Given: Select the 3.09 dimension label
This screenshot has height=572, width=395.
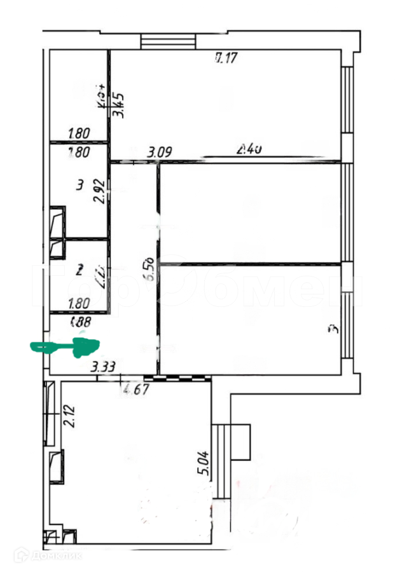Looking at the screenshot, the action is click(160, 153).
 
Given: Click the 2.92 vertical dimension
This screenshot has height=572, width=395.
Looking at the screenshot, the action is click(99, 189).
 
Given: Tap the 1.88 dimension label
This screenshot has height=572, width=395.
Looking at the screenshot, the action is click(83, 322).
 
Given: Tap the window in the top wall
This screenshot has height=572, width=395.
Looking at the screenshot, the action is click(167, 41).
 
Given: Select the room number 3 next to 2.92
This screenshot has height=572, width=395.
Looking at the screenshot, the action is click(80, 186).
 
